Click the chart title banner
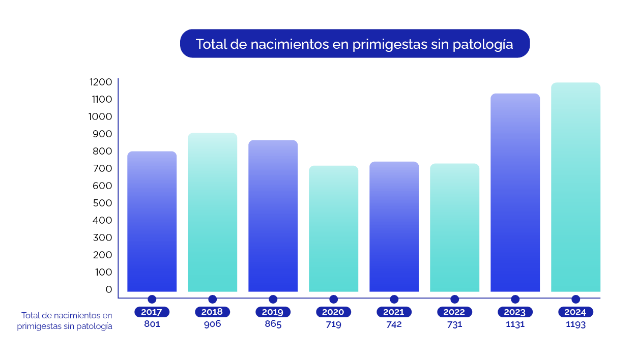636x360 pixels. click(x=355, y=44)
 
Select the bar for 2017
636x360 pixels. click(x=152, y=221)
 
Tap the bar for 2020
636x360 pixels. click(x=333, y=229)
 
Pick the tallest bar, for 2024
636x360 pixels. click(x=575, y=187)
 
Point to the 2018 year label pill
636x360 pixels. click(x=212, y=312)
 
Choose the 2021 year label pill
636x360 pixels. click(x=394, y=312)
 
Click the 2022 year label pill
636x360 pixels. click(x=454, y=312)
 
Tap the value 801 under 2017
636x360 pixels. click(x=152, y=324)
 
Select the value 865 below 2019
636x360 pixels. click(x=273, y=324)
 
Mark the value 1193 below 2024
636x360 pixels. click(x=575, y=324)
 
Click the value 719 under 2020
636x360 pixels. click(x=333, y=324)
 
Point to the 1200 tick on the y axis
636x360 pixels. click(x=100, y=82)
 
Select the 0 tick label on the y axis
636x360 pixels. click(x=108, y=289)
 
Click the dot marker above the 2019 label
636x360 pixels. click(x=273, y=299)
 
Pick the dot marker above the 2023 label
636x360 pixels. click(x=515, y=299)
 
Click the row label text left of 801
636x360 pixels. click(x=65, y=321)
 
